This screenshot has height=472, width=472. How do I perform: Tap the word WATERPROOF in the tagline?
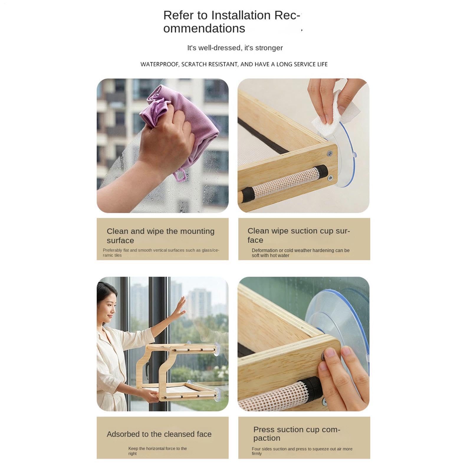click(x=159, y=65)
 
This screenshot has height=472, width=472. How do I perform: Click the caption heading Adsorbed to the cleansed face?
click(x=159, y=434)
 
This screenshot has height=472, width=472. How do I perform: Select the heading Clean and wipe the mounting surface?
click(x=160, y=236)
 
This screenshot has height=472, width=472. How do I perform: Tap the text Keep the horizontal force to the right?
click(x=157, y=451)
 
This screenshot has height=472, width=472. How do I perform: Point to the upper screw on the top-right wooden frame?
click(x=330, y=153)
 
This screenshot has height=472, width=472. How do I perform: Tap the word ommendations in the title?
click(x=204, y=29)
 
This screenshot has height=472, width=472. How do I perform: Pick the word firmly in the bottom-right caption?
click(x=256, y=454)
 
